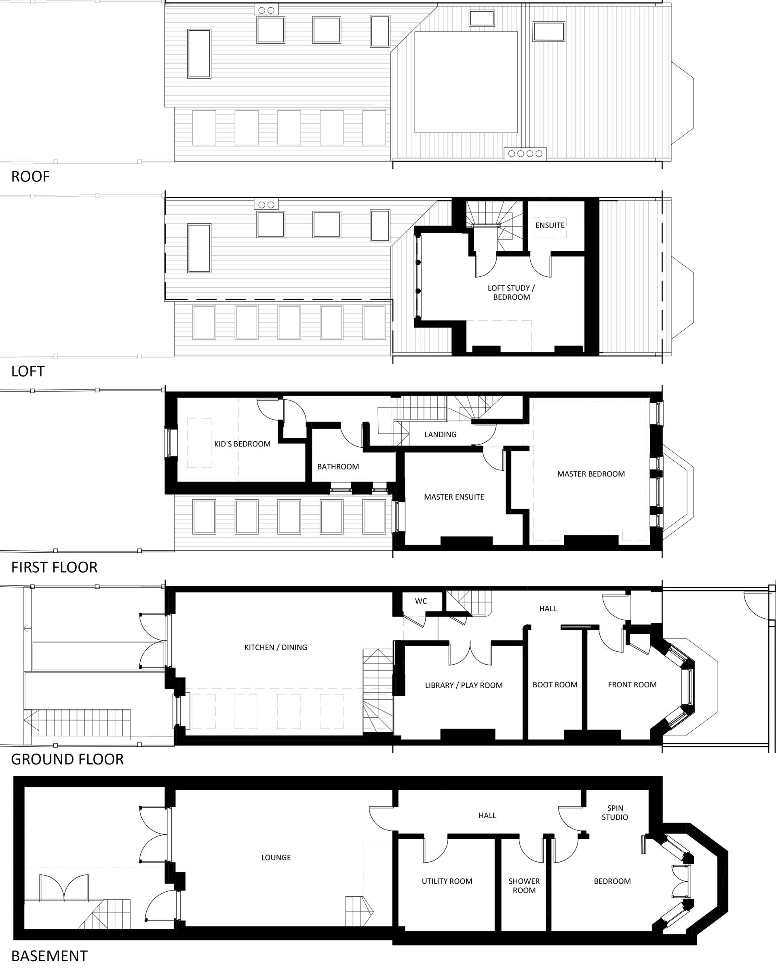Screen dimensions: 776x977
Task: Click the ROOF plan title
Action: pos(30,177)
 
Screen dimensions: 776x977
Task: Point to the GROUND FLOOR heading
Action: pos(67,759)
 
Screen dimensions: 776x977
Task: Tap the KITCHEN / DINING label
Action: pos(276,648)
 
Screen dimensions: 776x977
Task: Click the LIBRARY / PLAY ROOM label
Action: pos(464,685)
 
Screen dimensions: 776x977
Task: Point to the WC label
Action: pos(421,601)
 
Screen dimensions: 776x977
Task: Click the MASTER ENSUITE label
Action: pos(454,497)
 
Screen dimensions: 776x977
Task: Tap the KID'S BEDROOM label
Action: pos(242,444)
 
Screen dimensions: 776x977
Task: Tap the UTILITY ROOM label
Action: pos(447,881)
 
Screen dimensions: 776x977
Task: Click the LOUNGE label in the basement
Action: pos(276,858)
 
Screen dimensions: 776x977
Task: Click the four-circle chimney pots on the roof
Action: pos(525,154)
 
